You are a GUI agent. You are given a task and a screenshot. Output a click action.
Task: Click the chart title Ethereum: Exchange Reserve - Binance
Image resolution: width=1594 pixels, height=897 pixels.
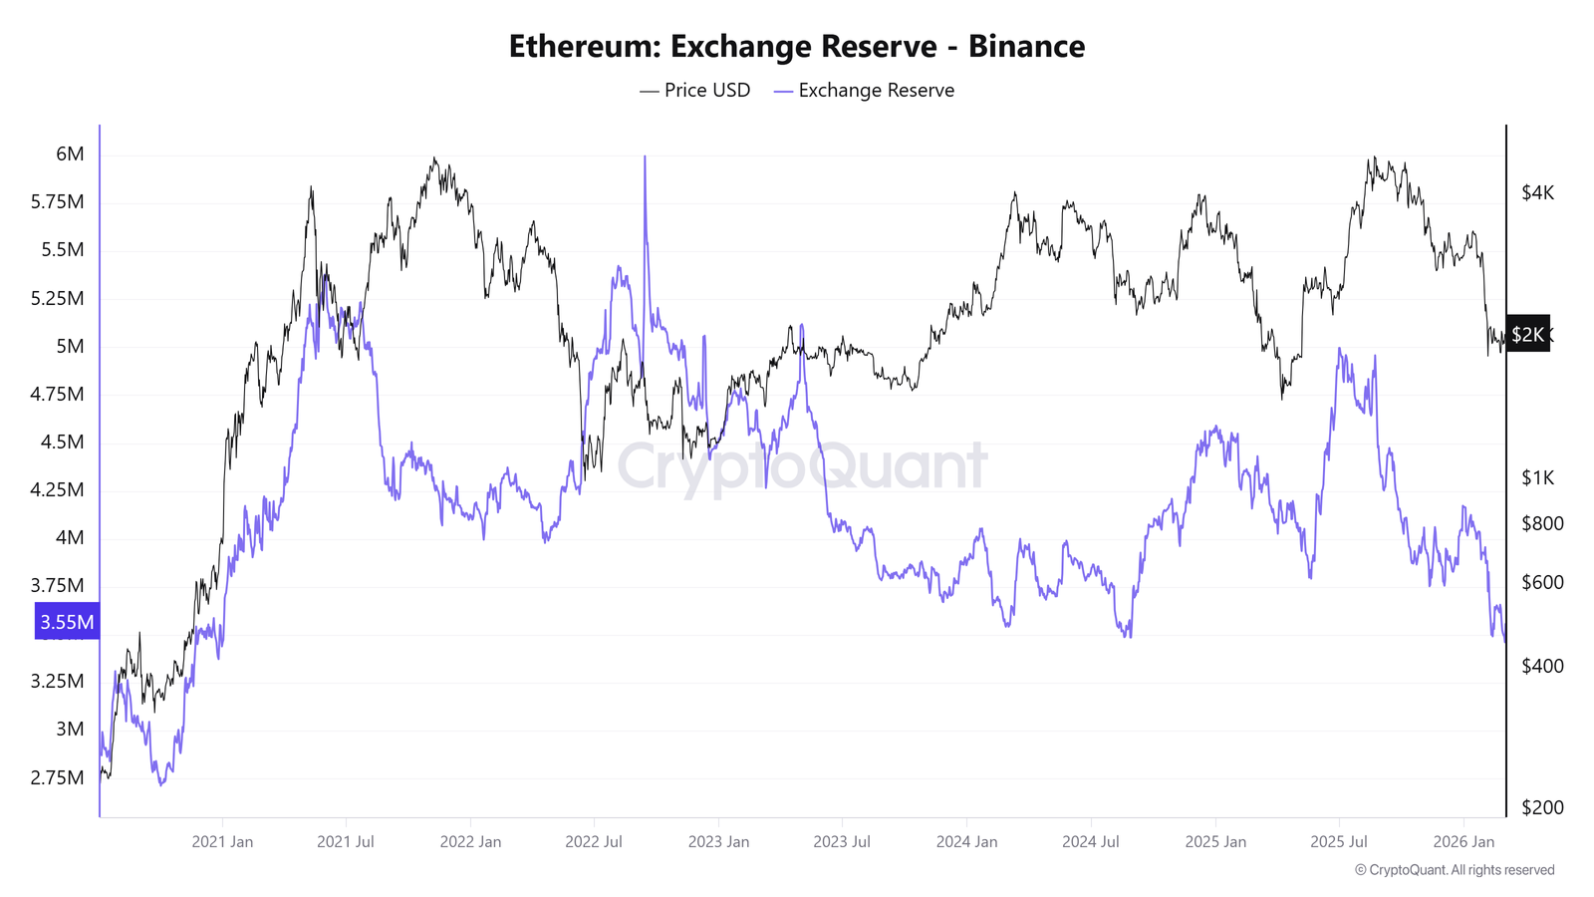pos(796,47)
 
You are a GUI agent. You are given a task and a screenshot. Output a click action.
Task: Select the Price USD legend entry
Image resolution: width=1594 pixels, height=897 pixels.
pos(695,91)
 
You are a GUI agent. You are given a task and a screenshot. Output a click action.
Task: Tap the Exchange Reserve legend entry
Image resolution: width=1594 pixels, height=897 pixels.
pos(864,91)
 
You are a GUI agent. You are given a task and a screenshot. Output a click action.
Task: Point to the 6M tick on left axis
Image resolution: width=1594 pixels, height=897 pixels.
pos(70,154)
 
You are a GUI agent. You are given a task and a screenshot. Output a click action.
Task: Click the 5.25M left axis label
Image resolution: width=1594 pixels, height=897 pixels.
pos(57,298)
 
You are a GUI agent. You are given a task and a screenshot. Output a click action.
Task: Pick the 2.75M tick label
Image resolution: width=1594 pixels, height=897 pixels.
pos(57,777)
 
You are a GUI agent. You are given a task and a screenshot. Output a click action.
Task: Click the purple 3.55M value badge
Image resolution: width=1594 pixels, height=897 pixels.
pos(67,622)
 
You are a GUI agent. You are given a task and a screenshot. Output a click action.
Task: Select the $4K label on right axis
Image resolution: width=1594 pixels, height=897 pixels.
pos(1537,192)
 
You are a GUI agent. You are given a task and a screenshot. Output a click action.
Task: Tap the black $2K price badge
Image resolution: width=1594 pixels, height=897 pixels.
pos(1527,334)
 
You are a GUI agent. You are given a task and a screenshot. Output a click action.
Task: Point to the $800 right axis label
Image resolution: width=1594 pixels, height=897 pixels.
pos(1542,523)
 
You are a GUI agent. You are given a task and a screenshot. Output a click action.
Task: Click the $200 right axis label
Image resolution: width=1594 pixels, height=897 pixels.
pos(1542,807)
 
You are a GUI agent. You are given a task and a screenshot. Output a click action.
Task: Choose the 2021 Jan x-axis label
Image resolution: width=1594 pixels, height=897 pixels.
pos(222,841)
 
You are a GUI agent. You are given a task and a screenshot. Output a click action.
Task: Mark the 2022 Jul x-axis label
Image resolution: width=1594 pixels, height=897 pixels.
pos(594,841)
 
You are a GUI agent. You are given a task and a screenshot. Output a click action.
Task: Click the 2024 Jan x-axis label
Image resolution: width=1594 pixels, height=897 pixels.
pos(966,841)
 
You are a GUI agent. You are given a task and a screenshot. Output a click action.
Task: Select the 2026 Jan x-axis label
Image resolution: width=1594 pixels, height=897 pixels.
pos(1463,841)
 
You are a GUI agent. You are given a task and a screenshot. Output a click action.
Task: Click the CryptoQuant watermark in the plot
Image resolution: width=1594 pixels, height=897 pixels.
pos(802,466)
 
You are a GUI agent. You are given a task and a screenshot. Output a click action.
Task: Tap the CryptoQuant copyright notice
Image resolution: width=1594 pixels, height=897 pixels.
pos(1455,870)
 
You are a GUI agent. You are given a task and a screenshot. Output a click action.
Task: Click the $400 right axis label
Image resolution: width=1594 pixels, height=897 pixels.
pos(1542,666)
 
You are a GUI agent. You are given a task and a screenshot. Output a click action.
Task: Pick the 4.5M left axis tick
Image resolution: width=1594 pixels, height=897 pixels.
pos(62,442)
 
